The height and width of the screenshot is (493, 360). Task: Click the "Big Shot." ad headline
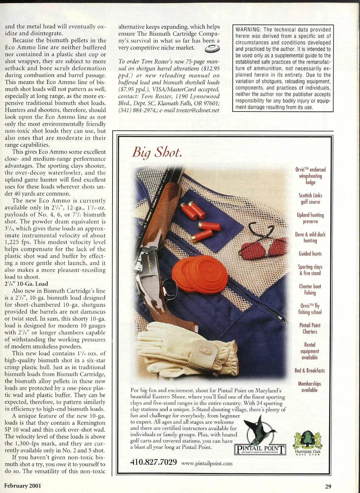click(x=157, y=153)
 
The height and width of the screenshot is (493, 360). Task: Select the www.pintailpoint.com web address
click(x=207, y=463)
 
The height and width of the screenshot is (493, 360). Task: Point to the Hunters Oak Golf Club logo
click(x=307, y=443)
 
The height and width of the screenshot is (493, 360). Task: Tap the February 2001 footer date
click(x=23, y=486)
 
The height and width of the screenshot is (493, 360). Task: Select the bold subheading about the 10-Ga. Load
click(x=26, y=284)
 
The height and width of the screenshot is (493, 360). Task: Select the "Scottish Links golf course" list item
click(x=310, y=199)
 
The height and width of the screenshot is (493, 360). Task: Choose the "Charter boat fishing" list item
click(x=310, y=289)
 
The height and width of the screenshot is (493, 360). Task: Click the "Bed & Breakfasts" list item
click(x=310, y=370)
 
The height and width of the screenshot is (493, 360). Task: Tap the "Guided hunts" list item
click(x=310, y=254)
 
